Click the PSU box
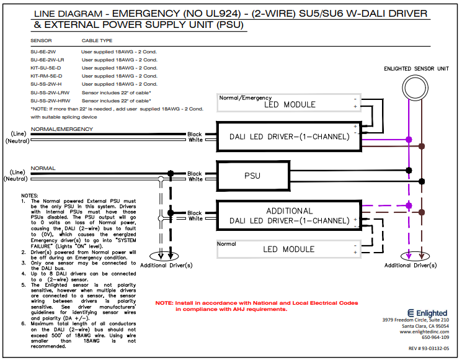click(x=252, y=176)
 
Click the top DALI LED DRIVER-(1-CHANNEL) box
click(x=289, y=137)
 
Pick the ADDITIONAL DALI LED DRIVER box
click(x=289, y=216)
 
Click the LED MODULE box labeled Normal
click(x=289, y=248)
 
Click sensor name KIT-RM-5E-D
click(x=47, y=76)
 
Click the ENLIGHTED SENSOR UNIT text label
click(x=416, y=68)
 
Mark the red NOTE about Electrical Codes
click(x=257, y=305)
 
